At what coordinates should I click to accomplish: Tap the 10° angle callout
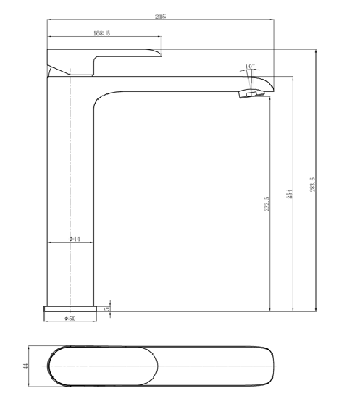pos(249,67)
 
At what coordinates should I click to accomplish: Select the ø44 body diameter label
pos(74,238)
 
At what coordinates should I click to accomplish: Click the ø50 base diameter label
pos(70,318)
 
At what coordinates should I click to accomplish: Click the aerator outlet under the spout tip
pos(251,93)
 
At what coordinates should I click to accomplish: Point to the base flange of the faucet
pos(72,308)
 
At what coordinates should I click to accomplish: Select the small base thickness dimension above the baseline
pos(108,307)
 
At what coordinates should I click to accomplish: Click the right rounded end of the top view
pos(275,367)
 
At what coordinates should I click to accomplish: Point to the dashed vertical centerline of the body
pos(70,181)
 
